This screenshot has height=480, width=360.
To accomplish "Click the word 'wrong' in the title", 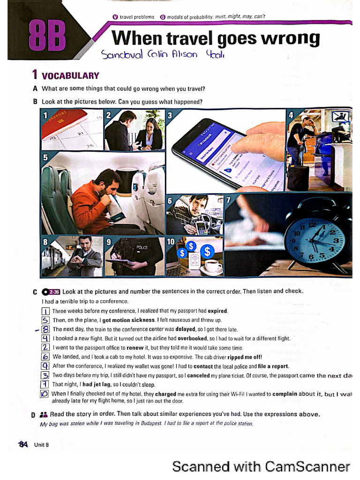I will coord(290,38).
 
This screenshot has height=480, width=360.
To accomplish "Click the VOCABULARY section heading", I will coord(70,75).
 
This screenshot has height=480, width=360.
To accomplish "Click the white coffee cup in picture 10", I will coord(213,266).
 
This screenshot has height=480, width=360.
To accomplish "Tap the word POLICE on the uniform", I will coord(142,247).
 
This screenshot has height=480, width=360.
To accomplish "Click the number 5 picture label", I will coord(45,157).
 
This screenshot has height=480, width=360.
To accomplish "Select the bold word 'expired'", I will coord(217,311).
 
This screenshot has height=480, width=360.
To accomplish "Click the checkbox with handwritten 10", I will coord(45,394).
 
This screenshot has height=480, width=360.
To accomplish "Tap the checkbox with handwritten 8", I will coord(45,329).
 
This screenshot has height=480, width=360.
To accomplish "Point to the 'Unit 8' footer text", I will coord(41,445).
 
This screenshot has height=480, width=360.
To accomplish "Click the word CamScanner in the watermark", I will coord(307,466).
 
